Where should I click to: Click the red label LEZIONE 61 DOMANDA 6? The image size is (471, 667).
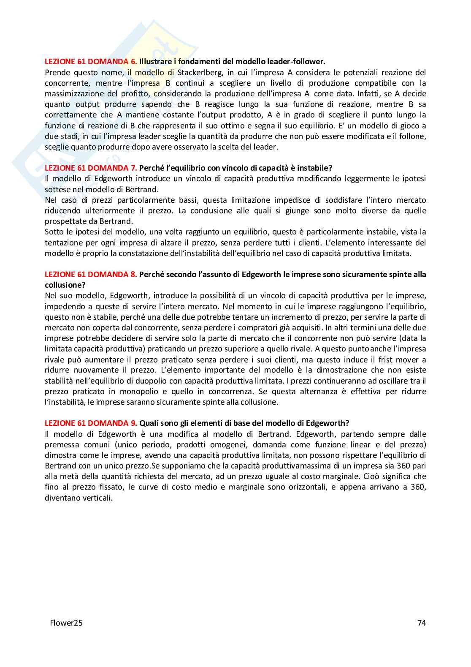click(91, 62)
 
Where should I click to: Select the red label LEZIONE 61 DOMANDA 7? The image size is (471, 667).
click(91, 168)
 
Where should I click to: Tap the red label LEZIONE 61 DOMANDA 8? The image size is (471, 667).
click(91, 274)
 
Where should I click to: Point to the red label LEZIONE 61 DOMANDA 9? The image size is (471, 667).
click(91, 423)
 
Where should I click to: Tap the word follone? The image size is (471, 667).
click(413, 136)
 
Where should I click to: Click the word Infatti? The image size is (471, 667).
click(368, 93)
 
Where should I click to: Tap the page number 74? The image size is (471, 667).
click(421, 623)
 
